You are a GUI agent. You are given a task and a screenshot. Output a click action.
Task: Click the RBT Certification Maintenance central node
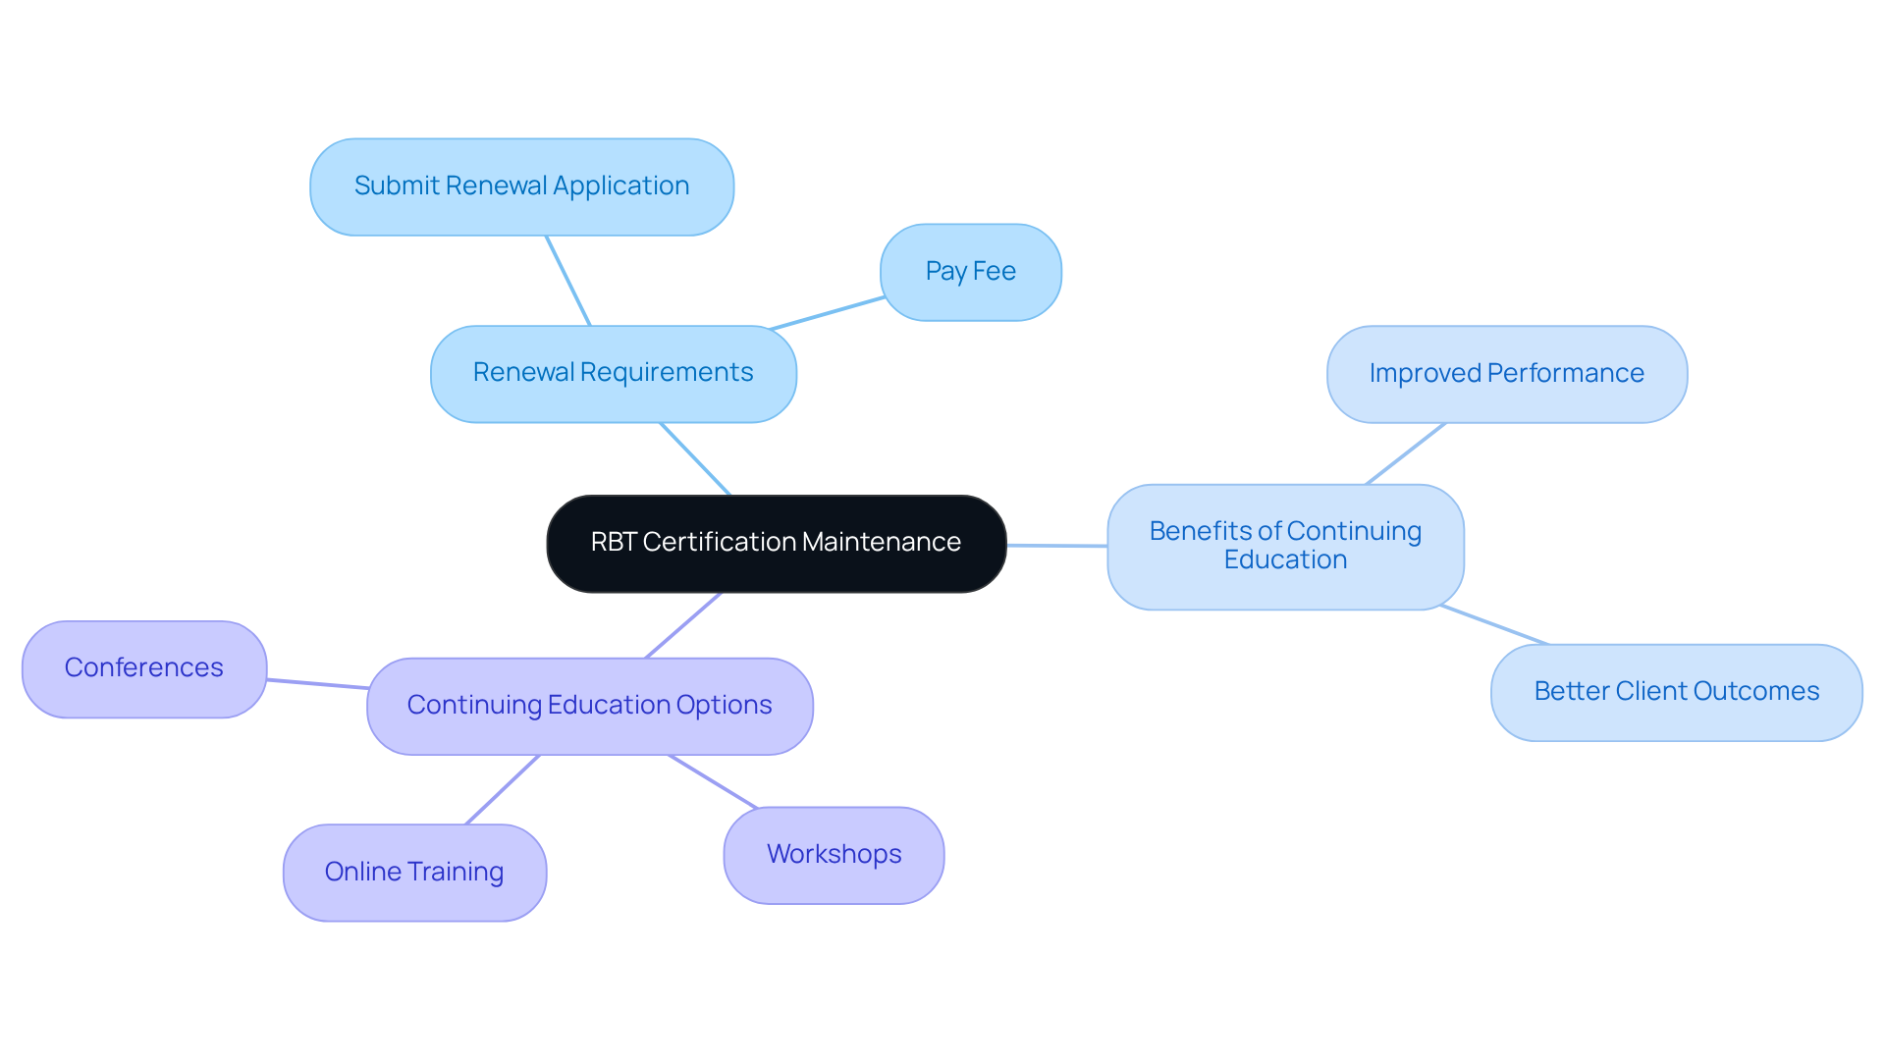point(776,543)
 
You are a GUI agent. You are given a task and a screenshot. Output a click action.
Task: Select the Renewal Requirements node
point(613,373)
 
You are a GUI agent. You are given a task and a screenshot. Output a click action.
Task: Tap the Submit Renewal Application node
point(521,186)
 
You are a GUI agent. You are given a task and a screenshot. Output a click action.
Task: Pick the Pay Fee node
point(970,272)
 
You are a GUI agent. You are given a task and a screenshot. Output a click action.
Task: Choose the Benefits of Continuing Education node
point(1285,546)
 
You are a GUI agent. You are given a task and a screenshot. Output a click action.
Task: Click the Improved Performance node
point(1506,374)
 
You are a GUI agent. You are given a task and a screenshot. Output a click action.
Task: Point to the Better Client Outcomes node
point(1676,692)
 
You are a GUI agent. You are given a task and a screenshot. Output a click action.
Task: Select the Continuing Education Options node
point(589,706)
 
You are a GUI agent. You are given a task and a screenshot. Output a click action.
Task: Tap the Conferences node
point(144,668)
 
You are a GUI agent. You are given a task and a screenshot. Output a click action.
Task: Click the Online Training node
point(414,872)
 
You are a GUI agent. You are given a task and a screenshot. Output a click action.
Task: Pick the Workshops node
point(834,855)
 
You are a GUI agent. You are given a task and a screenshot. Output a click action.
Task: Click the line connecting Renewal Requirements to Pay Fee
point(827,313)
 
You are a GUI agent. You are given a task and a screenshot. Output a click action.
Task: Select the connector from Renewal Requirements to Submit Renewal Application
point(568,281)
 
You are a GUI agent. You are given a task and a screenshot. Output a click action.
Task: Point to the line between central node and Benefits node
point(1056,545)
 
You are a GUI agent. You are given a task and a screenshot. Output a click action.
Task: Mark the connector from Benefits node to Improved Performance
point(1405,453)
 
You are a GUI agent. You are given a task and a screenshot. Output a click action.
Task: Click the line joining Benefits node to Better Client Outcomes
point(1494,625)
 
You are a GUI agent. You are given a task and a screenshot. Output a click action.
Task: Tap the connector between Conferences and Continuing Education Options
point(317,683)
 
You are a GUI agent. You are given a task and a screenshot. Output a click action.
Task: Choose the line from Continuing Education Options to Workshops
point(713,781)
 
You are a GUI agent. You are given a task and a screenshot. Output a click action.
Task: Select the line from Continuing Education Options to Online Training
point(503,789)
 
